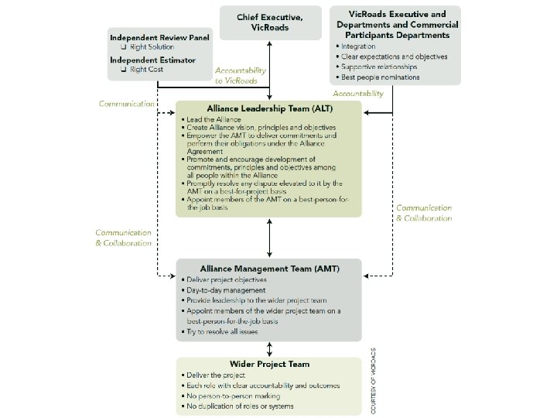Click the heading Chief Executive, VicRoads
(268, 22)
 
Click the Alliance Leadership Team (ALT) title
(268, 111)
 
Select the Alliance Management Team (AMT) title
(268, 269)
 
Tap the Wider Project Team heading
(268, 364)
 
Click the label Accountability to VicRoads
(241, 74)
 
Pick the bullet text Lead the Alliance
(213, 120)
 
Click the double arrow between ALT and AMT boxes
(268, 238)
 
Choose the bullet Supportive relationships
(384, 67)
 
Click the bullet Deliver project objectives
(226, 279)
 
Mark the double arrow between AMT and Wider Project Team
(268, 349)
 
